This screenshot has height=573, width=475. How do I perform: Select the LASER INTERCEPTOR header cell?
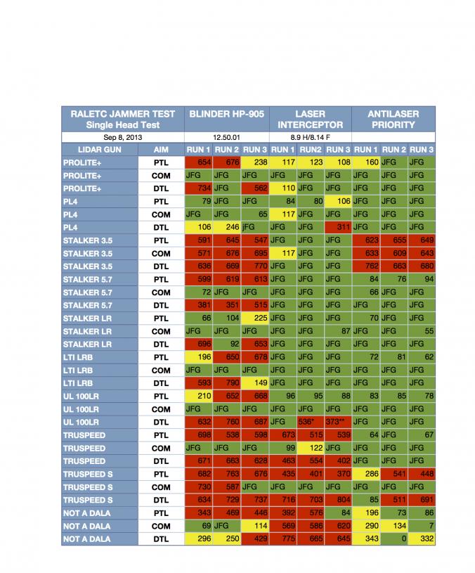[310, 119]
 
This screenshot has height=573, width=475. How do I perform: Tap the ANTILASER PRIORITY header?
[393, 119]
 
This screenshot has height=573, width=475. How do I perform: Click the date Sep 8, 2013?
[123, 138]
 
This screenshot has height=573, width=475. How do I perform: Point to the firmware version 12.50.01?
[226, 138]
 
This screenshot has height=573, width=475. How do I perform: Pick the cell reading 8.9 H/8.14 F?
[310, 138]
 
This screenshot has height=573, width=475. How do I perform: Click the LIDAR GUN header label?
[100, 150]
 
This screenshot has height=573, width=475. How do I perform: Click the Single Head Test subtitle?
[123, 125]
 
